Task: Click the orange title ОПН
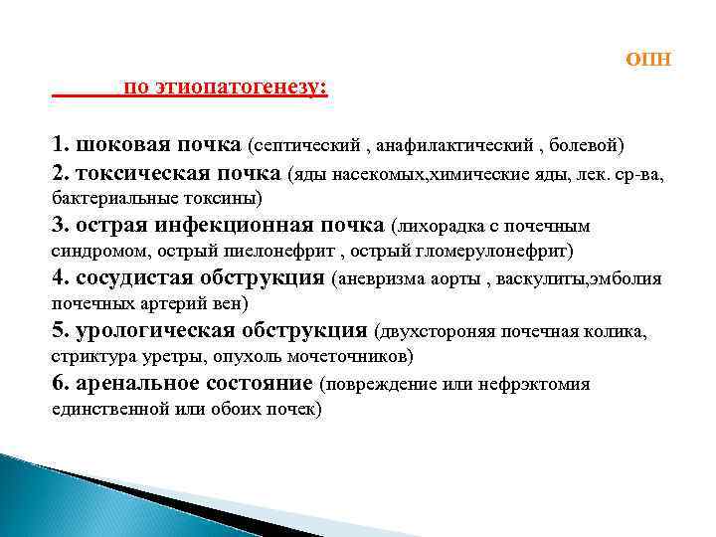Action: pos(648,59)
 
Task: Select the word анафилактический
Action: pos(456,147)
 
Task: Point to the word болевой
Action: pos(586,147)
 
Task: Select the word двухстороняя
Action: pos(440,333)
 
